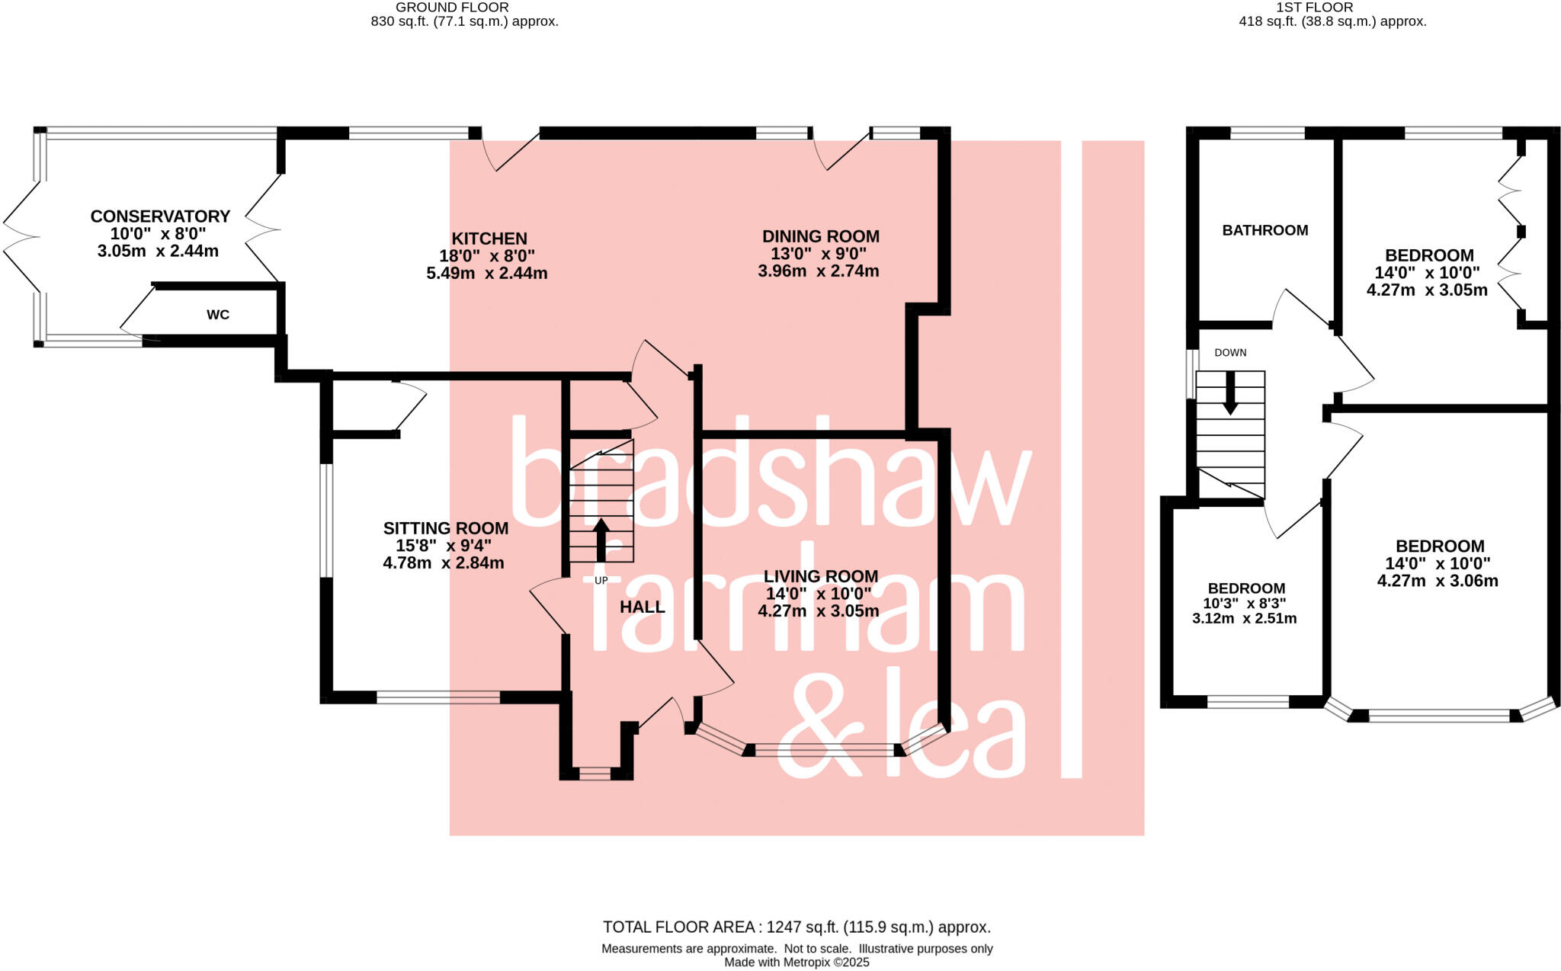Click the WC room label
coord(218,315)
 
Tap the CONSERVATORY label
coord(160,216)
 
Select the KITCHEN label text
coord(489,239)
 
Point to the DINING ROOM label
coord(821,236)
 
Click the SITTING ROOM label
coord(446,528)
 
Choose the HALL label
coord(643,607)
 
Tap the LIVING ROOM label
coord(821,576)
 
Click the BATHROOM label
coord(1265,230)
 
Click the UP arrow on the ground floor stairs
coord(601,538)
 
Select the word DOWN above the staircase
coord(1230,353)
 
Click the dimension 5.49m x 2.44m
coord(487,273)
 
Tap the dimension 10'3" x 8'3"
coord(1245,603)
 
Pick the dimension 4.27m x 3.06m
coord(1438,581)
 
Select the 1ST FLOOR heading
coord(1325,7)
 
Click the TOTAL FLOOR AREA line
coord(797,928)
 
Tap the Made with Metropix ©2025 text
coord(797,962)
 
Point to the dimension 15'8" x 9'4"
coord(444,546)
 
